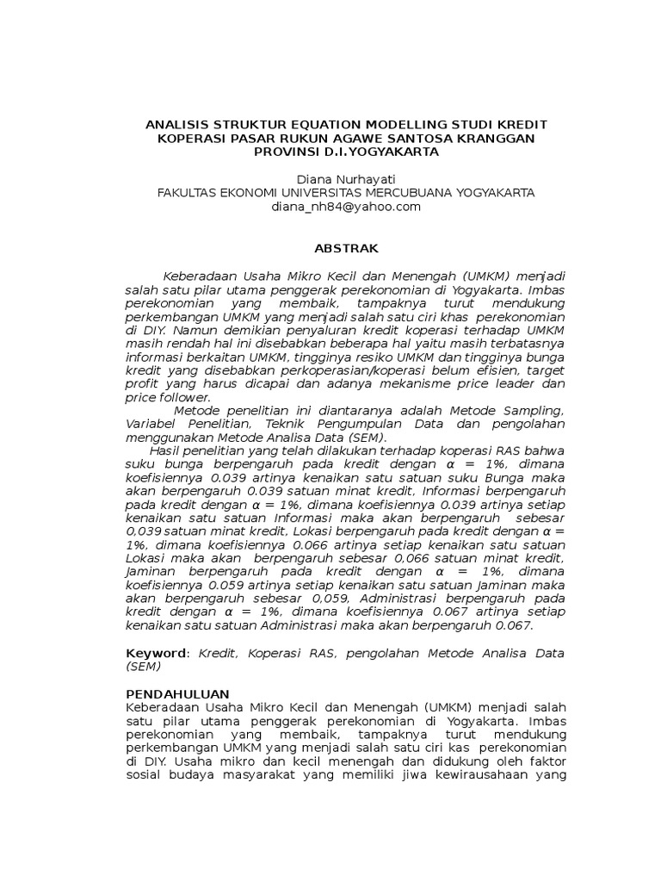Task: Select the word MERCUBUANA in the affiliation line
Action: point(423,192)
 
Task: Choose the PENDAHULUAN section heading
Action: point(177,693)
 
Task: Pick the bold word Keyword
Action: point(155,653)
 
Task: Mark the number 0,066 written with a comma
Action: point(442,558)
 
